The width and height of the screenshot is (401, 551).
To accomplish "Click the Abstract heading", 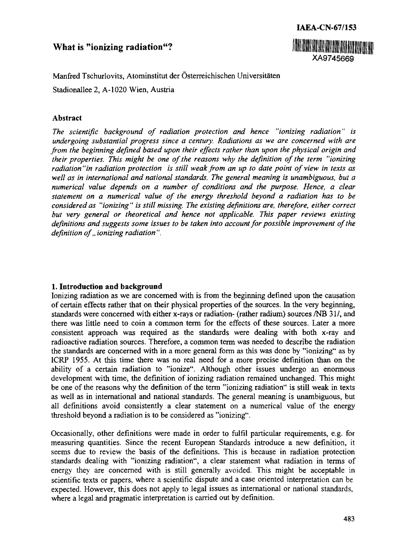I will pos(67,118).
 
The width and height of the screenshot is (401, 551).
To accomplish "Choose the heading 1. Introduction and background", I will pos(107,286).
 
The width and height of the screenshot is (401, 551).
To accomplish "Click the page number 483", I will pos(348,519).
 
